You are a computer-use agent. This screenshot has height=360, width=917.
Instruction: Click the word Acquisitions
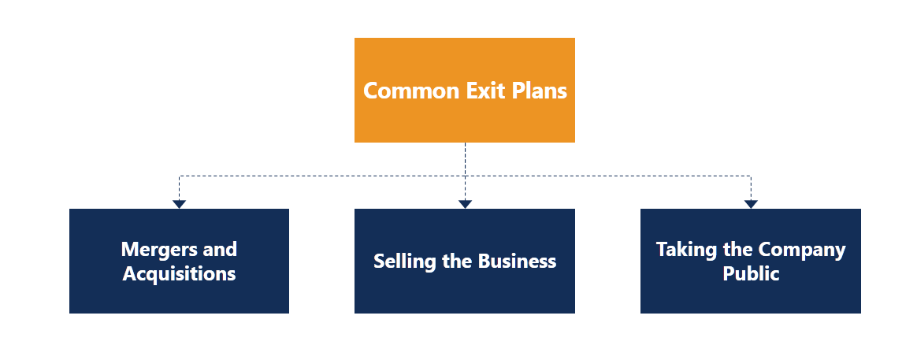click(179, 274)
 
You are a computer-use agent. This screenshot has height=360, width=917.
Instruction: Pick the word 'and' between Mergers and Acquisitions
click(220, 250)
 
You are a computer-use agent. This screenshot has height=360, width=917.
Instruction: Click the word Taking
click(685, 250)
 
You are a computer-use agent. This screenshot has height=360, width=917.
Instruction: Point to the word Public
click(751, 274)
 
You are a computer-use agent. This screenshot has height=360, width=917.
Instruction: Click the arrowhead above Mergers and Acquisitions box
click(179, 204)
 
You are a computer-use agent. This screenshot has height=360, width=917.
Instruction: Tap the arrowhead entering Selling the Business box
click(465, 204)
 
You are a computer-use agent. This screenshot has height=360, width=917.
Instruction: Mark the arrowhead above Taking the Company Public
click(751, 204)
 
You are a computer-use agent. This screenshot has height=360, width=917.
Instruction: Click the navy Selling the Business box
click(465, 295)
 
